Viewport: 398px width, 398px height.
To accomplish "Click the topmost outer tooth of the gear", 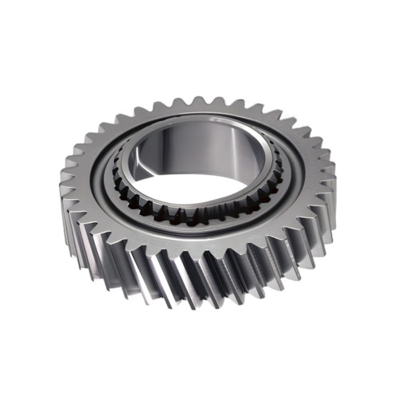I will [x=196, y=103].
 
